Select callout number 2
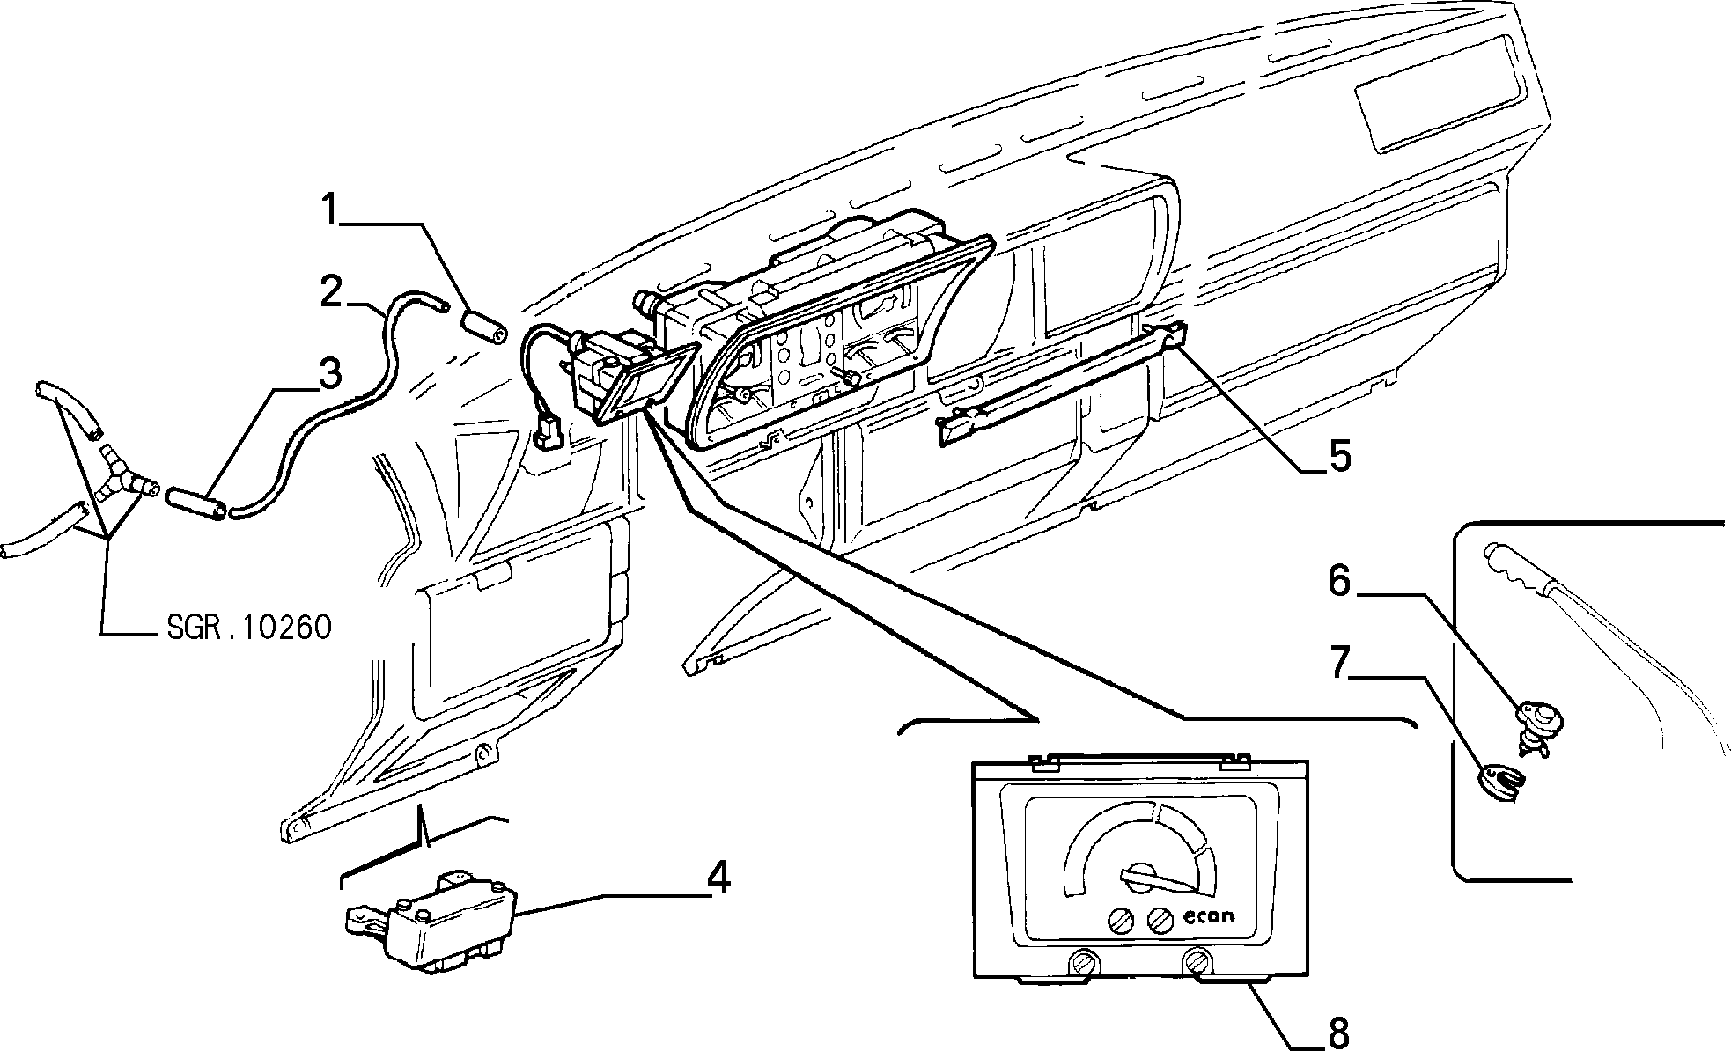331,292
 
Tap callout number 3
329,374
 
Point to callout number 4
718,878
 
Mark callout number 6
1338,580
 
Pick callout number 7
1338,663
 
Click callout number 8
1337,1033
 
